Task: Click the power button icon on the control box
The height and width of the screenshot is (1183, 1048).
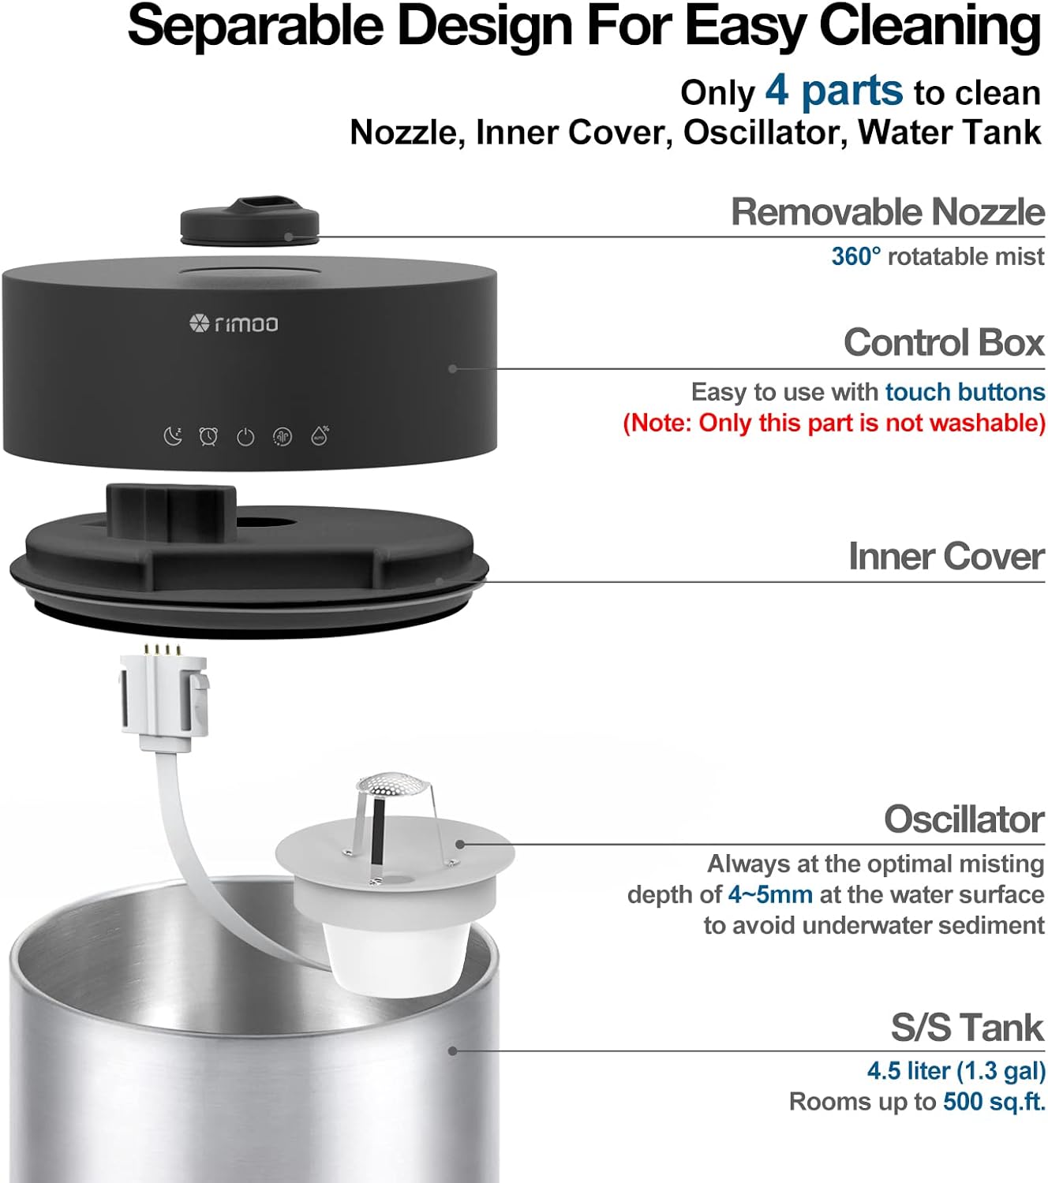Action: coord(245,436)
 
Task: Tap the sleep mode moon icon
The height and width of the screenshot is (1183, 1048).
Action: coord(172,435)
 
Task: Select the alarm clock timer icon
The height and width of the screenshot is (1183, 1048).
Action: coord(208,435)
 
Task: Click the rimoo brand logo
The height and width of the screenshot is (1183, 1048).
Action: coord(234,323)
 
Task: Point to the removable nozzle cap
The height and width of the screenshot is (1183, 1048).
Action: coord(249,220)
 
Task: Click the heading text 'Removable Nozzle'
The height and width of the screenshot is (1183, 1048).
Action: coord(887,211)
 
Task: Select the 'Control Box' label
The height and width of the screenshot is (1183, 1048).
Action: coord(943,342)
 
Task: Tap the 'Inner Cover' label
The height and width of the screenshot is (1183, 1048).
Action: coord(945,556)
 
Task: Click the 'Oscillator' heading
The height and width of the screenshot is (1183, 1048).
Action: coord(964,819)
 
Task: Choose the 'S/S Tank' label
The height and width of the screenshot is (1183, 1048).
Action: coord(967,1028)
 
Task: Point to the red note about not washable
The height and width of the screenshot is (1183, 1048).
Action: coord(833,423)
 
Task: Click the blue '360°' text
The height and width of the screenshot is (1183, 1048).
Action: coord(855,256)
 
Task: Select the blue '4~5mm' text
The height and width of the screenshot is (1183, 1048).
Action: coord(769,894)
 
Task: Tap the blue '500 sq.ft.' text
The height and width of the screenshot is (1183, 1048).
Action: coord(994,1101)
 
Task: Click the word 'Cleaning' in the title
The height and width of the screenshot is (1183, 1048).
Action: coord(930,25)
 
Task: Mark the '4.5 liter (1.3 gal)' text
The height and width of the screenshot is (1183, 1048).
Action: coord(956,1070)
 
